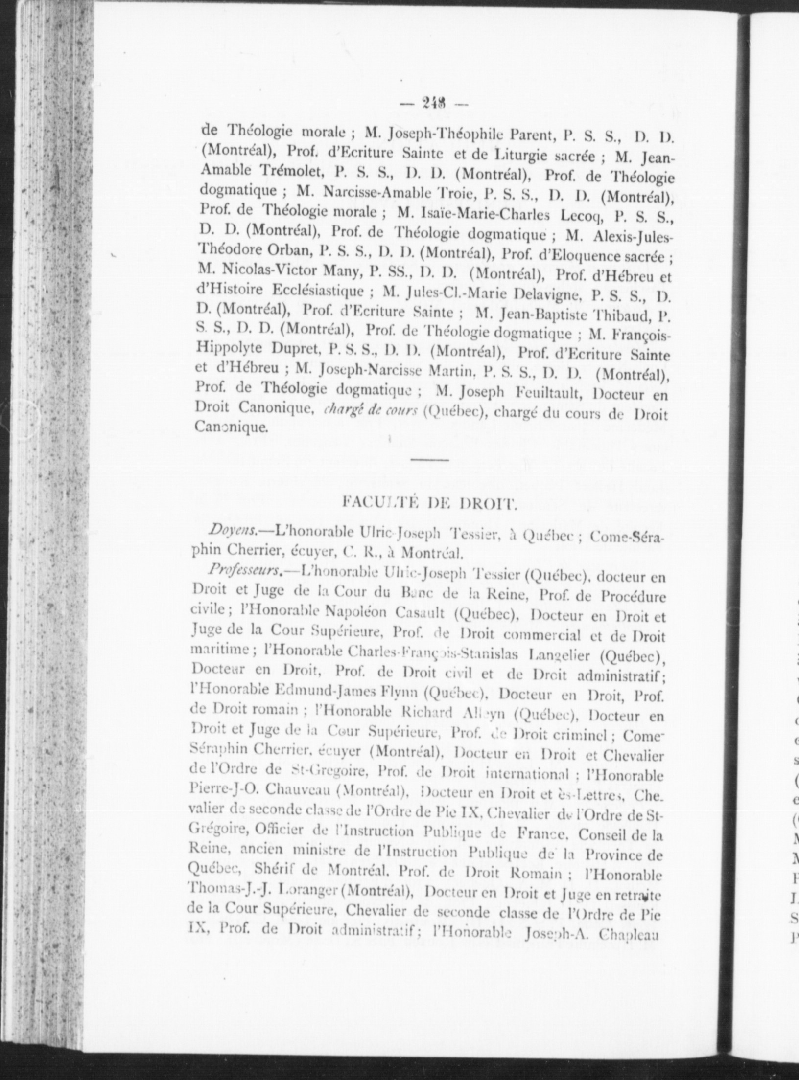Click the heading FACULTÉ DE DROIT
click(429, 502)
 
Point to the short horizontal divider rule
click(429, 459)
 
